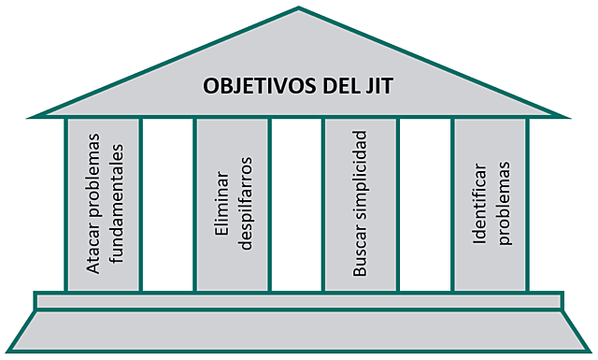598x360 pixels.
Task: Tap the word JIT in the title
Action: pyautogui.click(x=378, y=88)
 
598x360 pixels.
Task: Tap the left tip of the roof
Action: pyautogui.click(x=32, y=116)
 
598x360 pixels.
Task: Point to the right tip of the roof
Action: pyautogui.click(x=565, y=116)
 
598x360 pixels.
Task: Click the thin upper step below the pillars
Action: pyautogui.click(x=299, y=300)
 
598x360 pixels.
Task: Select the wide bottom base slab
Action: pyautogui.click(x=299, y=332)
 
